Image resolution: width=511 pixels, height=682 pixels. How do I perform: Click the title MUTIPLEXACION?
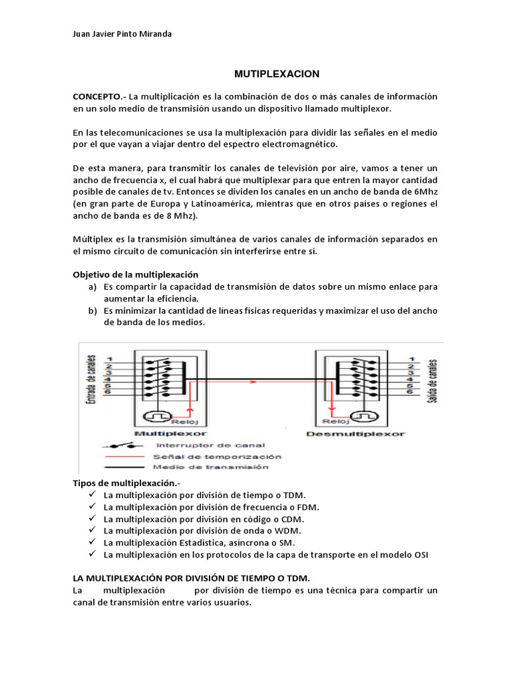coord(277,73)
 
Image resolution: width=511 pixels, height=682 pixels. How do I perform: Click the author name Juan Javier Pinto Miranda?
coord(122,34)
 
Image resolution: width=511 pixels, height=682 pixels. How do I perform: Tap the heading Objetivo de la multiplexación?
coord(136,274)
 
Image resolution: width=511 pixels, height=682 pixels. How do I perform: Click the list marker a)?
coord(92,287)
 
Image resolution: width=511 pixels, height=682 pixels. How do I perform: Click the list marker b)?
coord(92,311)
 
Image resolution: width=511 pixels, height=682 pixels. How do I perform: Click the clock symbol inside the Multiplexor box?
coord(155,417)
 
